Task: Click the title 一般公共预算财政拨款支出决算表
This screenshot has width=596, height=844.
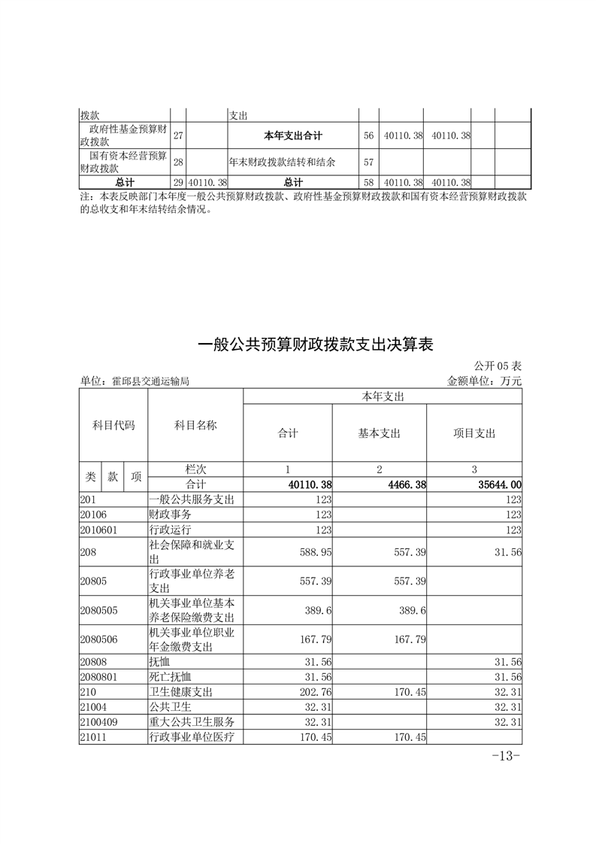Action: (x=316, y=345)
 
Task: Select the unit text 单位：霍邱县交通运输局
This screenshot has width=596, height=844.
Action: (x=135, y=381)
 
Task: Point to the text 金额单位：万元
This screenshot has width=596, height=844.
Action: (x=484, y=381)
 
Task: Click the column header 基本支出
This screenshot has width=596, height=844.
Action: (x=380, y=433)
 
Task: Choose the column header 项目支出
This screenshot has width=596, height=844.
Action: (x=474, y=433)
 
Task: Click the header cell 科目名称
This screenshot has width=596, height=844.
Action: (x=195, y=426)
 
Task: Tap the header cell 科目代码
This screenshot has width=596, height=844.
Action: (x=113, y=426)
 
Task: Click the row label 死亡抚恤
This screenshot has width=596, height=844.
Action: (x=171, y=677)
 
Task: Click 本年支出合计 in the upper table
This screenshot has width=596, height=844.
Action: (x=293, y=135)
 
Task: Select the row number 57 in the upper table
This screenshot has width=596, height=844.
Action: (x=368, y=162)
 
